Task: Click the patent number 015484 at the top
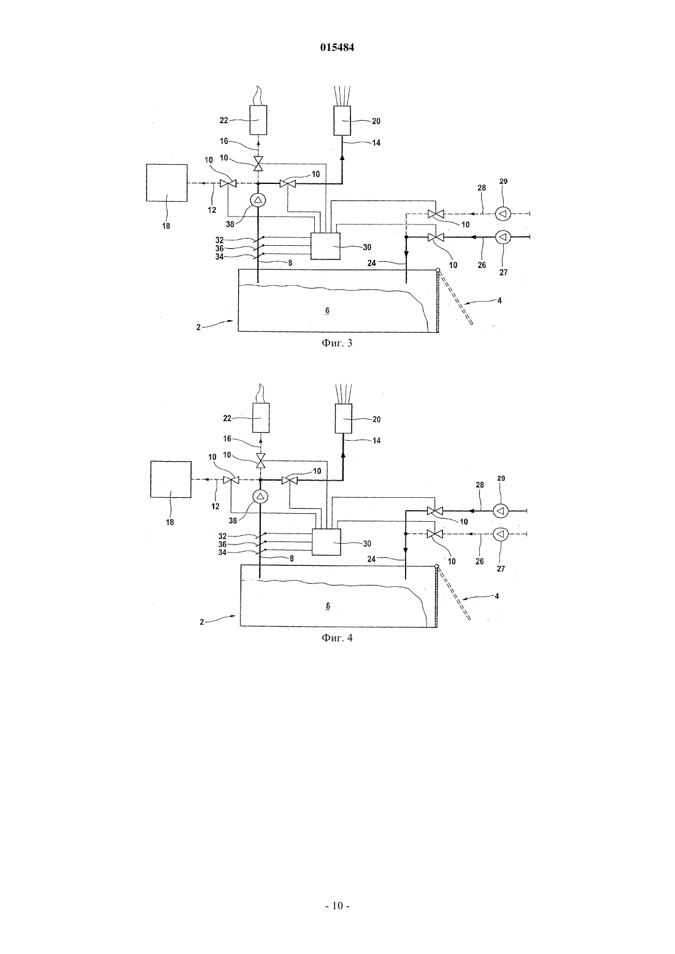tap(337, 47)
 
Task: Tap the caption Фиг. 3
tap(337, 343)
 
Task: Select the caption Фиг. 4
tap(337, 638)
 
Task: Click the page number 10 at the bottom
tap(337, 906)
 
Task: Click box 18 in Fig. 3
tap(167, 183)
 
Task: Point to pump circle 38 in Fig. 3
tap(258, 200)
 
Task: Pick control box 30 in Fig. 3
tap(325, 246)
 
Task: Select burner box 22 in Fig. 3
tap(258, 120)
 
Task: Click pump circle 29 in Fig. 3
tap(503, 214)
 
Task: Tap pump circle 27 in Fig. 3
tap(503, 237)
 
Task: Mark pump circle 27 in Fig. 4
tap(501, 533)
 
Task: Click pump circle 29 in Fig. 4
tap(501, 510)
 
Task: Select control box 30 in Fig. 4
tap(326, 542)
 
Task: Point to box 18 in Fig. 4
tap(171, 479)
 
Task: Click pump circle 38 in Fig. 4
tap(260, 497)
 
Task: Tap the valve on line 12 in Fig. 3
tap(228, 183)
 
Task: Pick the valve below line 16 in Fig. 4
tap(260, 460)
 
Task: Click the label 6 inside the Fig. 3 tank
tap(327, 310)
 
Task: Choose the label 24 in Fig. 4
tap(372, 559)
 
